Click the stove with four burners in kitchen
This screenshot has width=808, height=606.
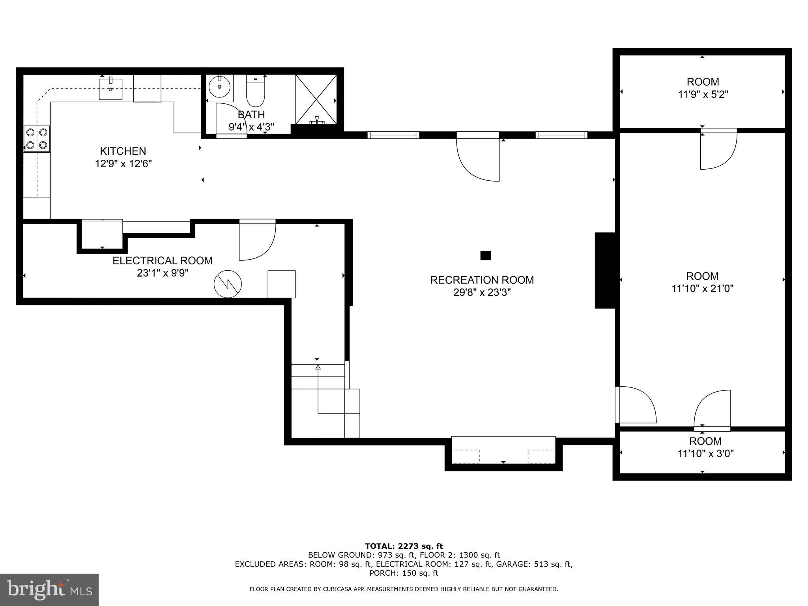(37, 138)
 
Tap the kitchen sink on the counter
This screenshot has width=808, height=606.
(110, 89)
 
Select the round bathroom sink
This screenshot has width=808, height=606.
(220, 87)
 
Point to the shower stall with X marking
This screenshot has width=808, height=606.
(316, 99)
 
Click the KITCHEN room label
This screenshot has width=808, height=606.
(123, 151)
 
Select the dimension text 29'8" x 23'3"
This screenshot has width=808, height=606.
(482, 292)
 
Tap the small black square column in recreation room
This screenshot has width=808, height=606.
(485, 256)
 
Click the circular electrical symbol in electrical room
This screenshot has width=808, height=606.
(228, 284)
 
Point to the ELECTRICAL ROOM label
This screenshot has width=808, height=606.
(163, 261)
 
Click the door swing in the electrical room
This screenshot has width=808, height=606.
(256, 241)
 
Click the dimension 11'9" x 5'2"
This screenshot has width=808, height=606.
(703, 95)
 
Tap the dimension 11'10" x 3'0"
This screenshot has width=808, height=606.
(705, 454)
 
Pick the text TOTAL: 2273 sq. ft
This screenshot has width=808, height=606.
(404, 546)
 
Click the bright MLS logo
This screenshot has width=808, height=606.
(49, 589)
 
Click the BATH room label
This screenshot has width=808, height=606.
(251, 114)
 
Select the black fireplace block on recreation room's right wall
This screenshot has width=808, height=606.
(605, 270)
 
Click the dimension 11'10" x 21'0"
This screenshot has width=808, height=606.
(702, 289)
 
